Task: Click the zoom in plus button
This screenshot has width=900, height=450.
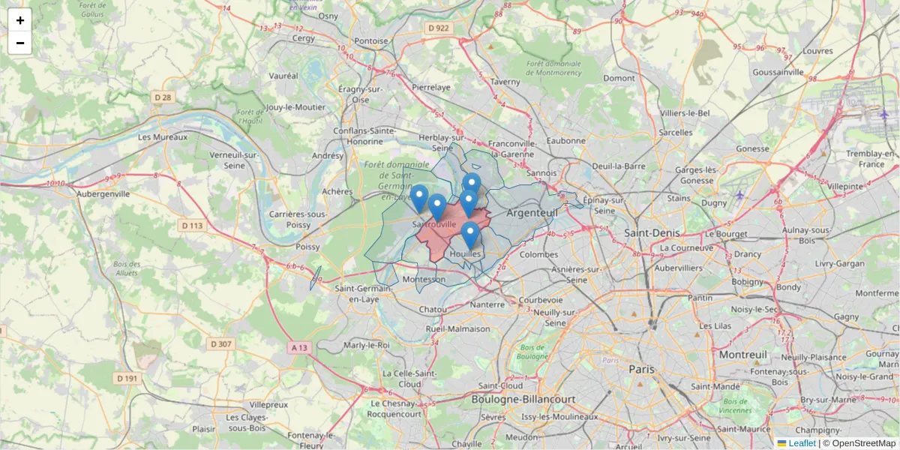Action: [x=20, y=20]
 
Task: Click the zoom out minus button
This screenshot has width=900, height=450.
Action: [x=20, y=43]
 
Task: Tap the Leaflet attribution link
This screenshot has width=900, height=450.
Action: [x=801, y=443]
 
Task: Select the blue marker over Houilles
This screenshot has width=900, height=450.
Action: [x=470, y=235]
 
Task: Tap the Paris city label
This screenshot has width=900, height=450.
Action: [x=641, y=369]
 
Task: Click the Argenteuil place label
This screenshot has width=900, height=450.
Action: [x=532, y=213]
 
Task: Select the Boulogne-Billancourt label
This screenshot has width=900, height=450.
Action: [x=523, y=400]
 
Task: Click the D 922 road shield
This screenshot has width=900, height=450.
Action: [x=439, y=28]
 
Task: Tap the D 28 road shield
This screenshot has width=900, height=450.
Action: [x=163, y=97]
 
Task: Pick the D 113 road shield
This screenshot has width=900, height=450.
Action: [x=192, y=225]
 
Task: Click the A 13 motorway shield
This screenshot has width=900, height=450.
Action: [x=298, y=347]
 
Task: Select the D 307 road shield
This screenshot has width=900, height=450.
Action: [x=222, y=343]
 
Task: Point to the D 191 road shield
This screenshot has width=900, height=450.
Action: [x=127, y=379]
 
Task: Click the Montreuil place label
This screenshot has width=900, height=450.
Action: [x=742, y=354]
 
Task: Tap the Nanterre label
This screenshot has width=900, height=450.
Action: [x=487, y=305]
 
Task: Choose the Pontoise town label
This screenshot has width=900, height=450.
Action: [x=371, y=41]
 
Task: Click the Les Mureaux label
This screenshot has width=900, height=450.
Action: [x=163, y=138]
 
